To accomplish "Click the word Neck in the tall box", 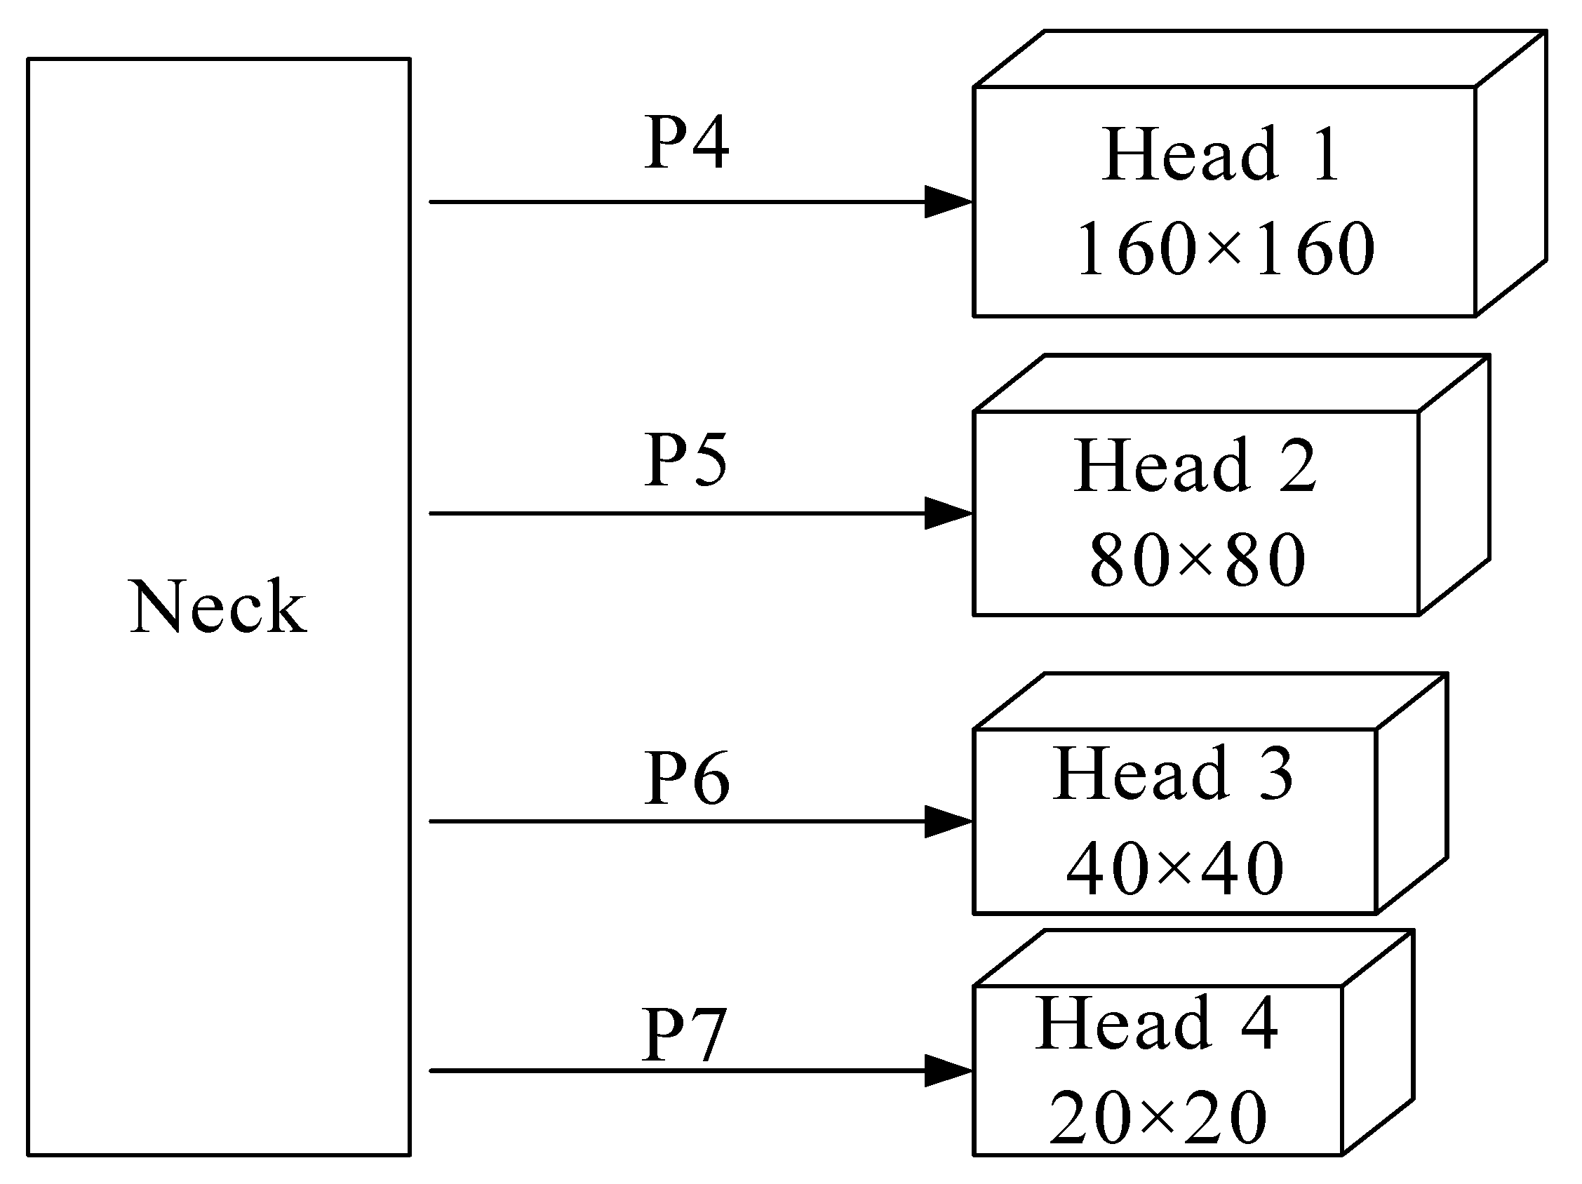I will (x=218, y=607).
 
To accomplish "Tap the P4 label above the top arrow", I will (x=687, y=143).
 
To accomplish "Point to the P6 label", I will (x=687, y=778).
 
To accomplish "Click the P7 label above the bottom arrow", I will (x=684, y=1035).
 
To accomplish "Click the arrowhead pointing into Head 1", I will (x=948, y=202).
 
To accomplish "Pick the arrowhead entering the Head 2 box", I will (x=948, y=513).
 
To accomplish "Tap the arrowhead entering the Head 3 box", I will (x=948, y=821).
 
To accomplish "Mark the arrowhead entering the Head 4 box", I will (x=948, y=1070).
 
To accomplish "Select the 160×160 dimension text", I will (x=1224, y=248).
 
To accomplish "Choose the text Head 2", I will (x=1194, y=466).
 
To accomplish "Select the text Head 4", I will (x=1156, y=1023).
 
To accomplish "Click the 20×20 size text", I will (x=1157, y=1117).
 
